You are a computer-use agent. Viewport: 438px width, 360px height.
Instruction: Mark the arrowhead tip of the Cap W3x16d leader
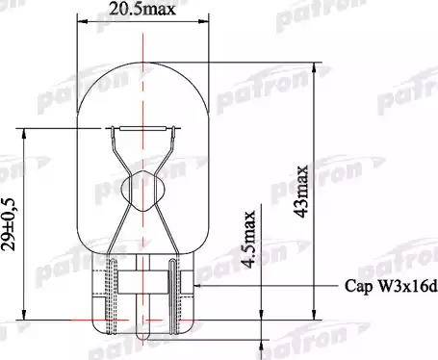click(x=196, y=286)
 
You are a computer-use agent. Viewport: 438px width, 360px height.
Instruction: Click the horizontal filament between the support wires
click(x=141, y=129)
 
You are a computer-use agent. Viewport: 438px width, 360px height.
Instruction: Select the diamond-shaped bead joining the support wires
click(x=140, y=184)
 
